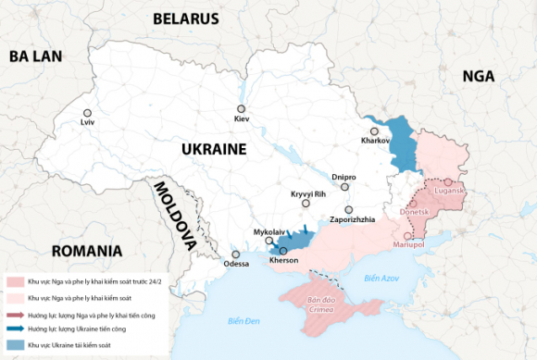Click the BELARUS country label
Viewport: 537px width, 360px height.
pyautogui.click(x=185, y=19)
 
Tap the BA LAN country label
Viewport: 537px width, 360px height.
pyautogui.click(x=35, y=56)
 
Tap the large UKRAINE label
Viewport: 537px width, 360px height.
pyautogui.click(x=213, y=149)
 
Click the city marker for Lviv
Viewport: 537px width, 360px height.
pyautogui.click(x=87, y=112)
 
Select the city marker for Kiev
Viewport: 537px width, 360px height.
pyautogui.click(x=241, y=109)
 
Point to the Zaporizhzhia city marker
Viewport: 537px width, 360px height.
pyautogui.click(x=349, y=210)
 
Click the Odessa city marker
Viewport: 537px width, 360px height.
pyautogui.click(x=236, y=253)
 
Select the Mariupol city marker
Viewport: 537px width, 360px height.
pyautogui.click(x=408, y=236)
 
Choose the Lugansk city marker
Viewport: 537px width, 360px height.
pyautogui.click(x=447, y=182)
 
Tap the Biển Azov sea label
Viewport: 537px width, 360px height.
pyautogui.click(x=381, y=278)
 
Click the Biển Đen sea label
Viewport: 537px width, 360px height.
pyautogui.click(x=244, y=320)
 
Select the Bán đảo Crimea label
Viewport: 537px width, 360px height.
pyautogui.click(x=320, y=304)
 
